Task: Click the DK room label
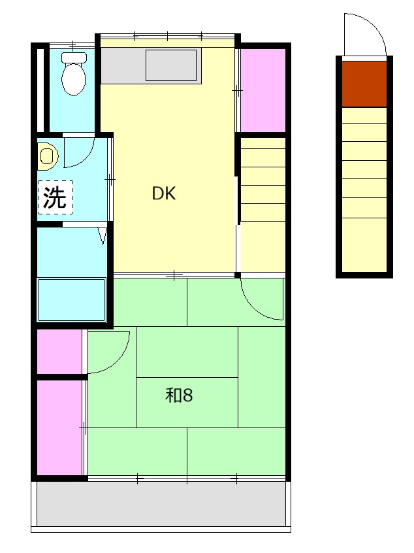[x=163, y=193]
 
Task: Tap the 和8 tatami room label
[x=179, y=395]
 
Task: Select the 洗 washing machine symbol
[x=55, y=197]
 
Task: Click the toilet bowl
[x=74, y=79]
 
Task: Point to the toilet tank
[x=74, y=58]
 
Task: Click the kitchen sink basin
[x=171, y=65]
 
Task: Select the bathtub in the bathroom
[x=72, y=300]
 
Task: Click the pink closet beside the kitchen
[x=263, y=90]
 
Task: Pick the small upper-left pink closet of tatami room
[x=60, y=351]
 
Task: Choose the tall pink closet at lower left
[x=60, y=427]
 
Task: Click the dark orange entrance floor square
[x=364, y=84]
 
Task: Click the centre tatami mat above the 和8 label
[x=187, y=352]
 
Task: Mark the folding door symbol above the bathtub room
[x=103, y=236]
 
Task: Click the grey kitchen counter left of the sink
[x=123, y=65]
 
